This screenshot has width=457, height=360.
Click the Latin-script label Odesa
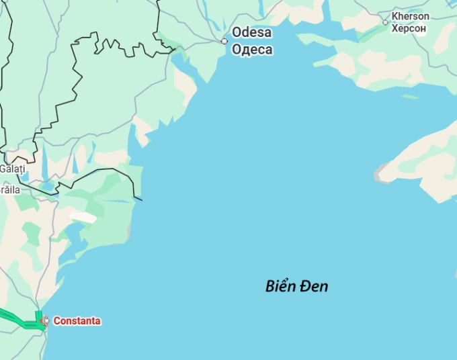click(251, 32)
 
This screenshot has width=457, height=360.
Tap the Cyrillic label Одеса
click(252, 49)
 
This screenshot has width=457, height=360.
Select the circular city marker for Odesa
click(224, 41)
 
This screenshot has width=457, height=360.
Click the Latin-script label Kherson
click(410, 16)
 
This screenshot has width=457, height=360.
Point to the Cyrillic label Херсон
click(409, 28)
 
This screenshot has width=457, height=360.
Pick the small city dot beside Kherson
click(385, 22)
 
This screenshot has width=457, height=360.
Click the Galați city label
click(11, 169)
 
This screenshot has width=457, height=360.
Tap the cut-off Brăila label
click(9, 190)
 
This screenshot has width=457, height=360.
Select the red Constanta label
click(77, 321)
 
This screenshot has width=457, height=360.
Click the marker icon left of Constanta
click(45, 321)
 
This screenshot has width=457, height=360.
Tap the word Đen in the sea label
click(315, 286)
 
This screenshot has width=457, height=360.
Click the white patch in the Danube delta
click(83, 217)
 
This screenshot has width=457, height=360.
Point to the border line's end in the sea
click(141, 199)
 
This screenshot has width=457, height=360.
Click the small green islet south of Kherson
click(409, 96)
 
